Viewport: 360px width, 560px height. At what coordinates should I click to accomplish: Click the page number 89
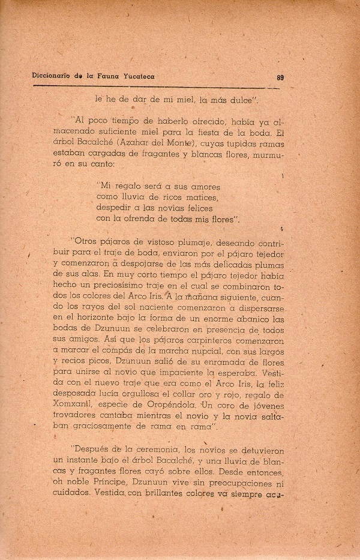[280, 77]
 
